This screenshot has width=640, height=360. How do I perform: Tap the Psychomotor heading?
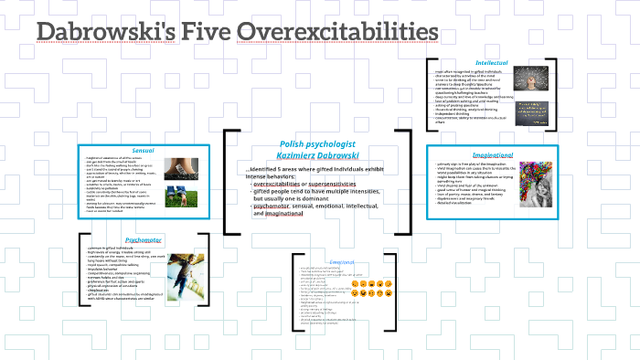pos(144,239)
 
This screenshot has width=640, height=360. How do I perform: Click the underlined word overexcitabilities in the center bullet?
pos(280,184)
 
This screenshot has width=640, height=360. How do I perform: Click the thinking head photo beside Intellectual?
pos(531,79)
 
